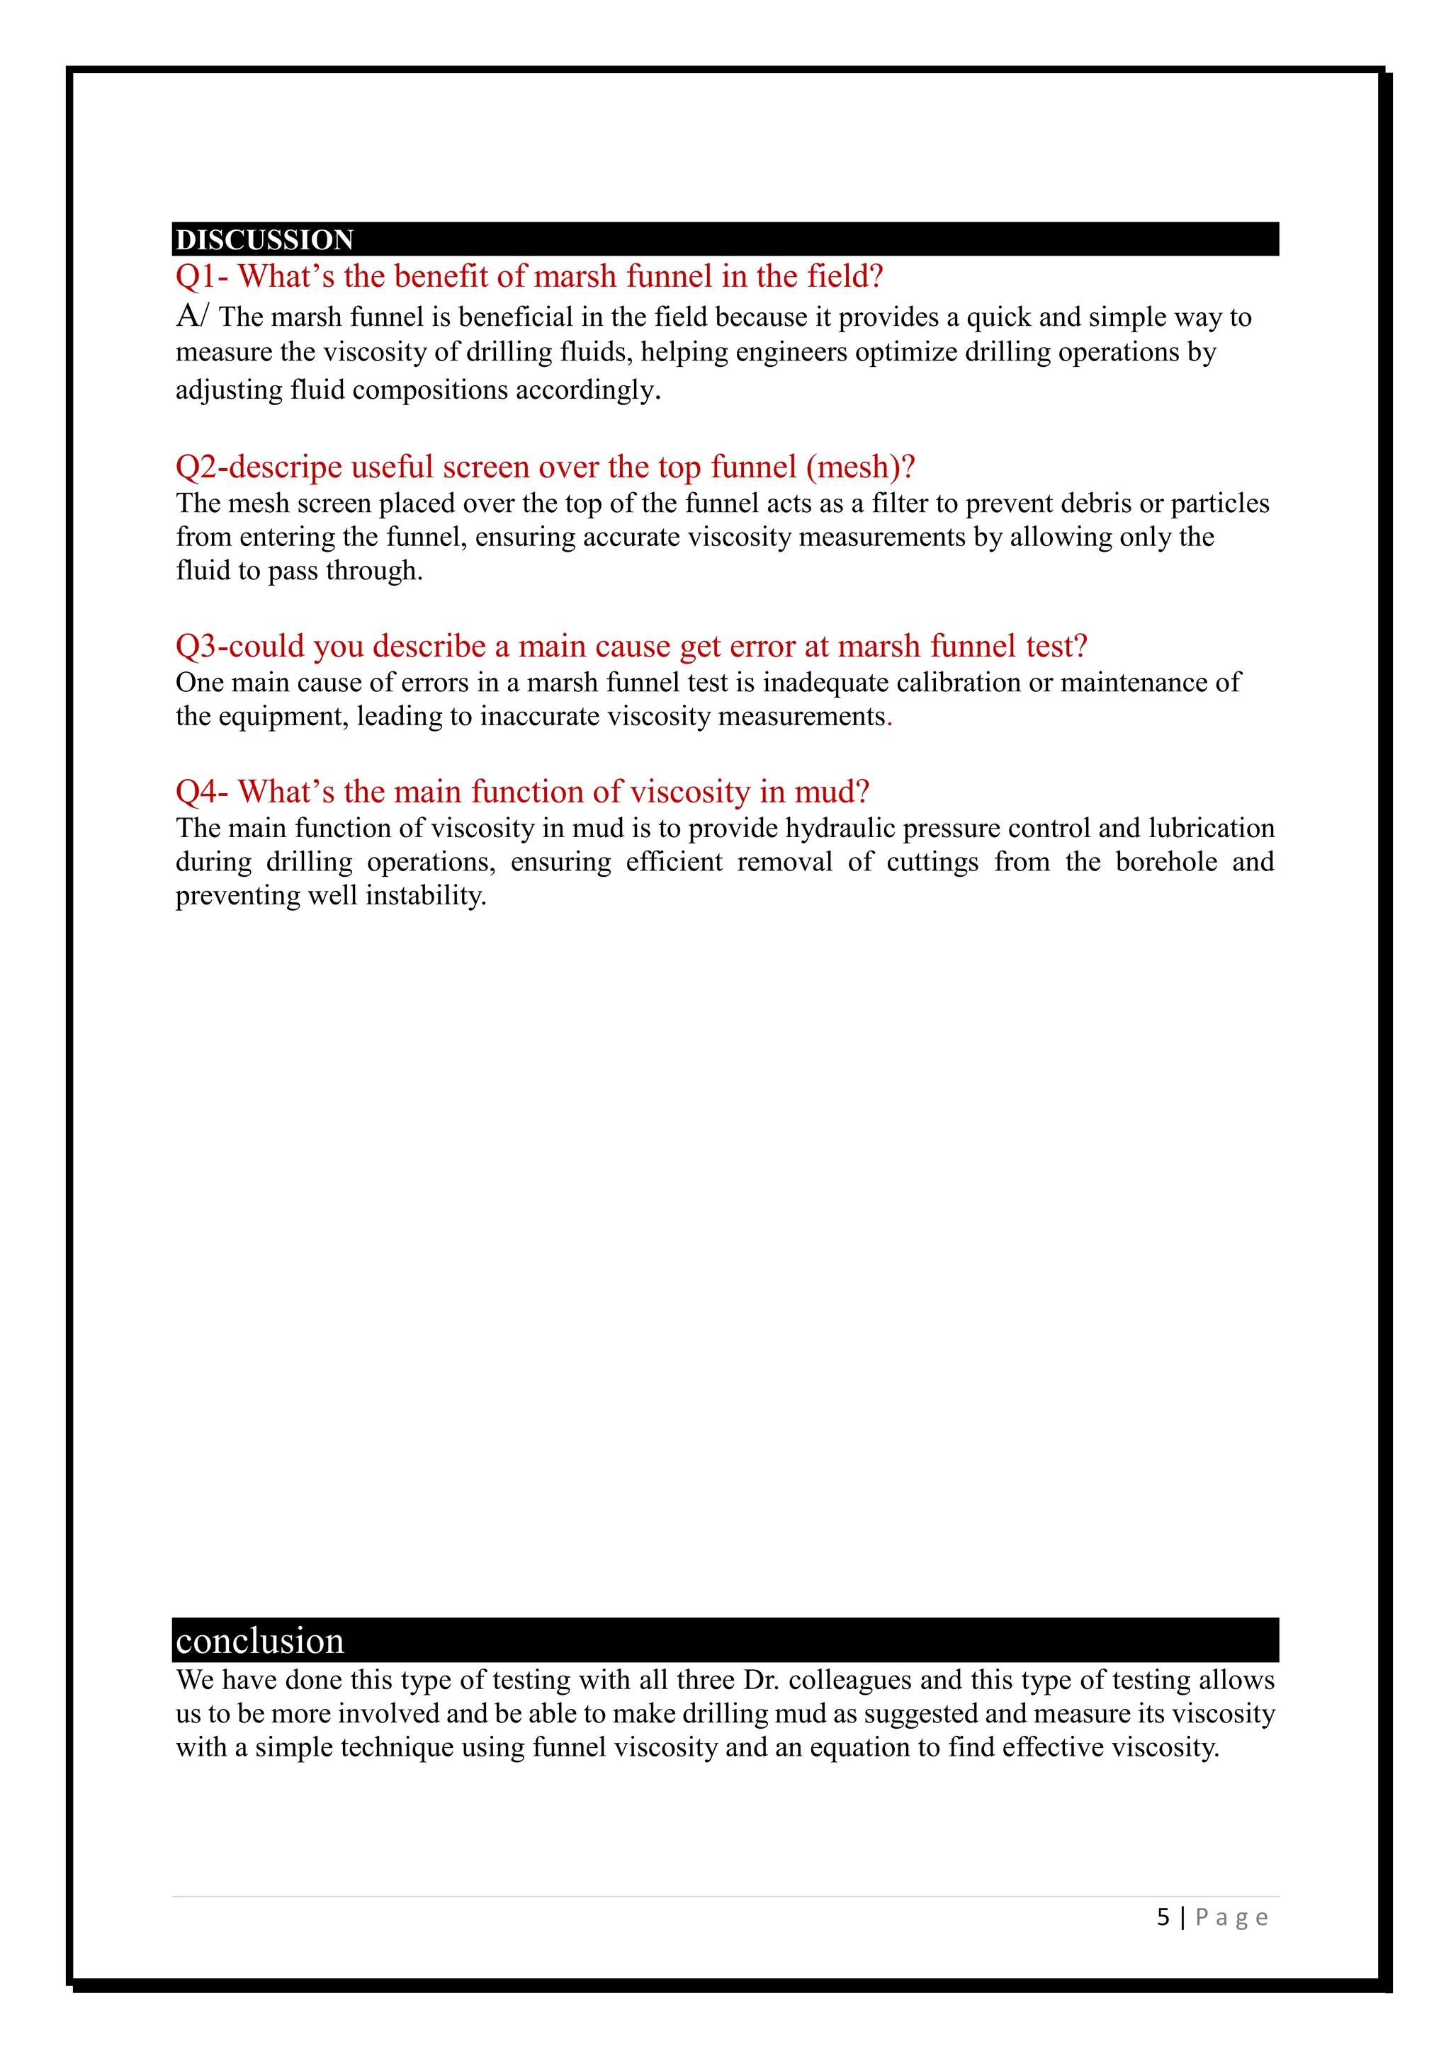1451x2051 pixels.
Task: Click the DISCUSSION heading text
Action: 264,239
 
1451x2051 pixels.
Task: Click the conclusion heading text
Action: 259,1641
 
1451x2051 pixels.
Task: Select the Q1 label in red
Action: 196,277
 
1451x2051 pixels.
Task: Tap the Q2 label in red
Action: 196,467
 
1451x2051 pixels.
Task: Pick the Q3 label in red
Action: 196,646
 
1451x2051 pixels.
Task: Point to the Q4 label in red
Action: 196,792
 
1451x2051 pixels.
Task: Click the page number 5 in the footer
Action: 1163,1917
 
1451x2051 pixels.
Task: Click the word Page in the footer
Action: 1231,1917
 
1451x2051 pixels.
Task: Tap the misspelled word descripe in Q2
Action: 286,467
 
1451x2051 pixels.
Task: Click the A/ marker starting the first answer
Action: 191,317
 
